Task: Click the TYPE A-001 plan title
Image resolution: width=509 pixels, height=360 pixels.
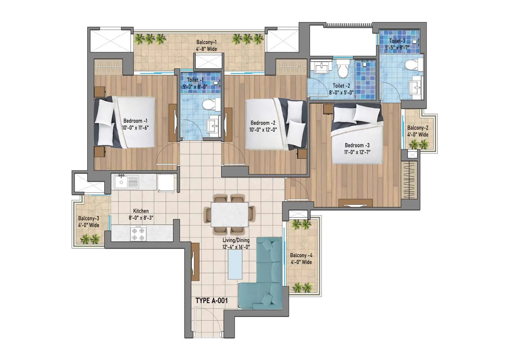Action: pos(211,301)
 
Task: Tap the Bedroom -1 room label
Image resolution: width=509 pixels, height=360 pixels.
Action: pos(135,121)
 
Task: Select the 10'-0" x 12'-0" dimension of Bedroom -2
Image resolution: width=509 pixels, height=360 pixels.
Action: pos(263,130)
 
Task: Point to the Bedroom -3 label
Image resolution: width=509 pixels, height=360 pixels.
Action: pos(357,145)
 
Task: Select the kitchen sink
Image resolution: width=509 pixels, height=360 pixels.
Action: pos(126,182)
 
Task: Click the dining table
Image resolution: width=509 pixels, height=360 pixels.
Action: pos(230,215)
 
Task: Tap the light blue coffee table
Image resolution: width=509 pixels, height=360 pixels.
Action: pos(235,265)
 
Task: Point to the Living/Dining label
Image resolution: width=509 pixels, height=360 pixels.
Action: pos(236,240)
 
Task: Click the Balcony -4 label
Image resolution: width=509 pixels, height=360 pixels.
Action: pos(301,256)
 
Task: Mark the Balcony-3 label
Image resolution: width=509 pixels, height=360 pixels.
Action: pos(89,218)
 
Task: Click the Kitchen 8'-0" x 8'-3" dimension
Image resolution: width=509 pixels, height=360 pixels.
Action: pos(141,218)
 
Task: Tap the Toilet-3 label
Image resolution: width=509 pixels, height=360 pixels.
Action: pos(397,41)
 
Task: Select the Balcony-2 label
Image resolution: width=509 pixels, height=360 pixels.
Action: pos(418,128)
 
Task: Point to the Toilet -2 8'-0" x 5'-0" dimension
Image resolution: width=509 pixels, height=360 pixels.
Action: pos(341,92)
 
